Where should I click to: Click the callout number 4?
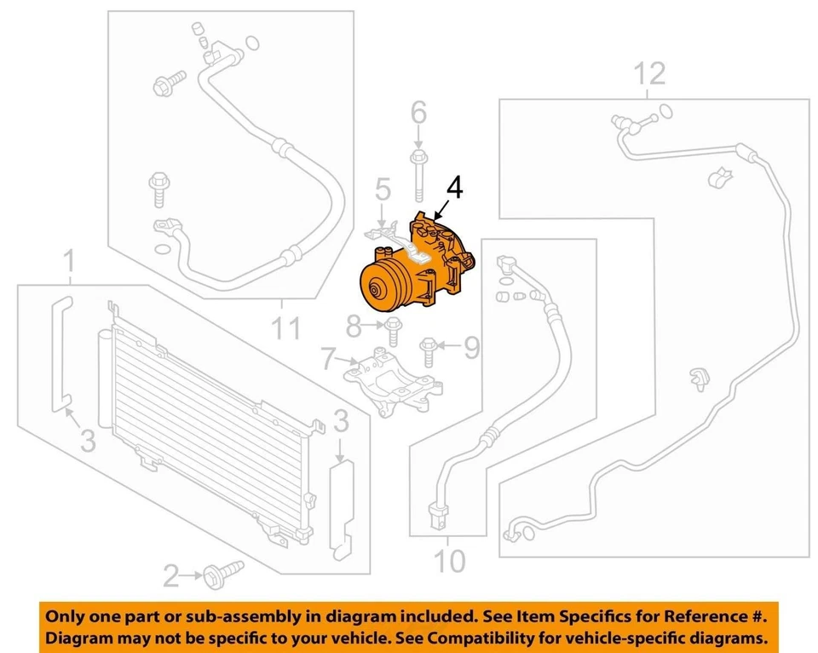coord(456,187)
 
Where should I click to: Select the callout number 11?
coord(286,326)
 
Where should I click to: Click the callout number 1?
coord(71,262)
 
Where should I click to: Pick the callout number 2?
coord(172,578)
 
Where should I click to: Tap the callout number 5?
coord(382,190)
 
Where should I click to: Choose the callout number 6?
coord(418,113)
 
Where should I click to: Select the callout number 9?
coord(471,346)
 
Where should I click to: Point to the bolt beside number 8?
coord(392,328)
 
